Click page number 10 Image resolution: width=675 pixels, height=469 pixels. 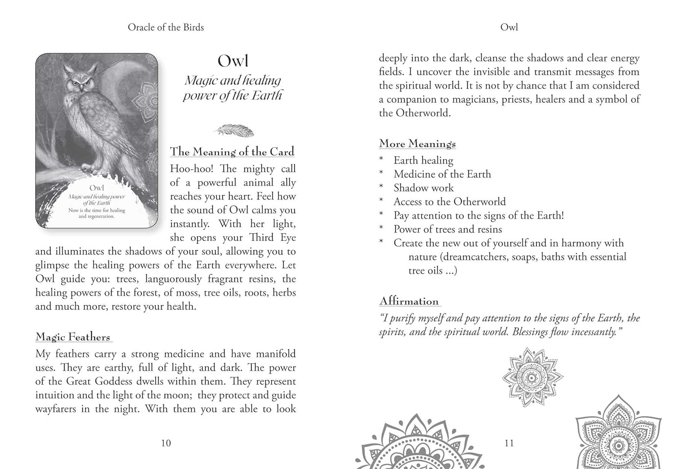166,443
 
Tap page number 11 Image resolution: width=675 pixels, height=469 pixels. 509,443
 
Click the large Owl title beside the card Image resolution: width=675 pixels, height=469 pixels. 233,61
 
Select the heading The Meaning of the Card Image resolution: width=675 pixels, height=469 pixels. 232,152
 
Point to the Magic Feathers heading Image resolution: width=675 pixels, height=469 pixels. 73,337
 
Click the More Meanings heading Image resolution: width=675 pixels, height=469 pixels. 417,144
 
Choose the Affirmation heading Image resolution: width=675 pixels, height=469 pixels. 409,301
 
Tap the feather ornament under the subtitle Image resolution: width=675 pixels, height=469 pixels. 234,131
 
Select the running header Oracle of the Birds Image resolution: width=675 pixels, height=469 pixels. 166,27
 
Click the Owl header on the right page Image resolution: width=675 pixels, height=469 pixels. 509,27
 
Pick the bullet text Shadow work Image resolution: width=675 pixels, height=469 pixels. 423,188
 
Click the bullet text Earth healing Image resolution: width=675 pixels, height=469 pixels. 423,160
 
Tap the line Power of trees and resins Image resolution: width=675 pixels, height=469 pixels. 448,229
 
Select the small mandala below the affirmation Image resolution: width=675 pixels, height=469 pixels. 532,377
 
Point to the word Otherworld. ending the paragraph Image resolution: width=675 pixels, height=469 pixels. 423,113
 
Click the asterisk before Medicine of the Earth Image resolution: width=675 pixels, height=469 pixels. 382,174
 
